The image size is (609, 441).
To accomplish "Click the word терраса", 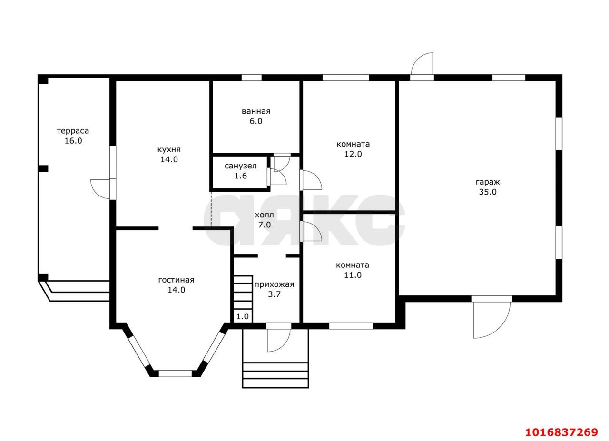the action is point(73,131).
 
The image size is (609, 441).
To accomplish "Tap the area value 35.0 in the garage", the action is point(488,192).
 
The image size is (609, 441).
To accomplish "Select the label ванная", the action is point(256,111).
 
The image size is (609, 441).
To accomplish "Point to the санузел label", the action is point(241,166).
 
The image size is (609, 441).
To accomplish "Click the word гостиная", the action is point(176,280).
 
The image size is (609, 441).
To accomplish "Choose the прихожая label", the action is point(274,284).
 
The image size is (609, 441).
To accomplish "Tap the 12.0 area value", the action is point(353,154).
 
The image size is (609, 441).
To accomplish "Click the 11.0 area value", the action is point(353,275).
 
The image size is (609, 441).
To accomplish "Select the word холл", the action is point(264,215).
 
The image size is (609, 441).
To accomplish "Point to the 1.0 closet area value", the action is point(243,316).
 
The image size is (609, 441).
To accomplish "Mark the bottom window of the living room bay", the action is point(175,373).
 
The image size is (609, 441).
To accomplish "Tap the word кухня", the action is point(169,149).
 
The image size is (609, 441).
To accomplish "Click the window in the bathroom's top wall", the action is point(252,78).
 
